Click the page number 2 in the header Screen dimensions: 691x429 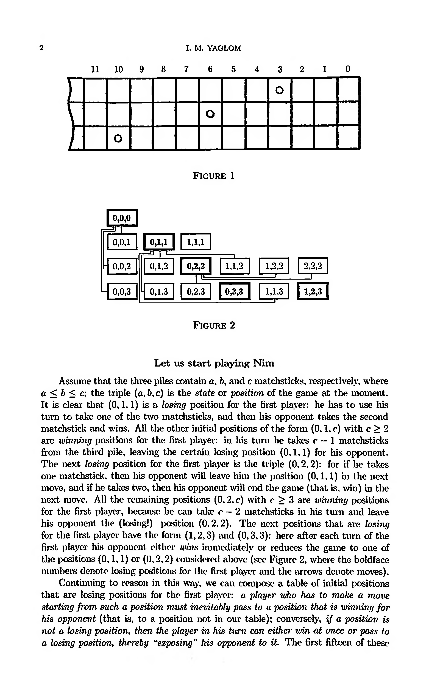[42, 48]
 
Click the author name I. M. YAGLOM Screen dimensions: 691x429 [213, 48]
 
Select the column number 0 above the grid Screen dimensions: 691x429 [348, 69]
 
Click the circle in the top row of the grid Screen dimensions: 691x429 [280, 90]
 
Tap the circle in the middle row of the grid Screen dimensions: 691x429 [210, 114]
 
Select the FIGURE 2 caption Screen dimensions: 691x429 [214, 325]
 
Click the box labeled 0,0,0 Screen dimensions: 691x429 [122, 218]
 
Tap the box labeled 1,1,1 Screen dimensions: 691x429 [196, 242]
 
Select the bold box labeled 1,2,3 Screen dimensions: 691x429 [313, 291]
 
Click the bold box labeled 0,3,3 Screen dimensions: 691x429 [235, 291]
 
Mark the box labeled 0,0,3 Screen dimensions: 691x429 [122, 291]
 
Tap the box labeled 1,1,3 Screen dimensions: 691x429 [274, 291]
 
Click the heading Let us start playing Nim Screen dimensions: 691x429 [214, 363]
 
